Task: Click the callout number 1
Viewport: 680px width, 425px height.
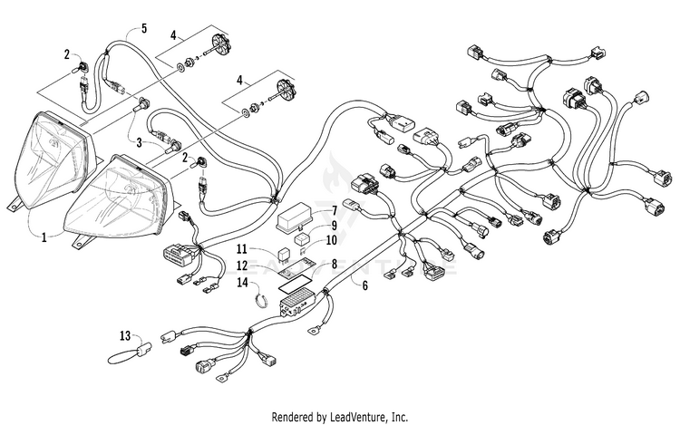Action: pos(44,237)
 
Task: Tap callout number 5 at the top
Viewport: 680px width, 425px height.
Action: pos(144,29)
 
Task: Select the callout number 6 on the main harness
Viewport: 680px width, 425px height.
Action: pos(364,285)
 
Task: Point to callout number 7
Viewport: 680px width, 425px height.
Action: pos(335,211)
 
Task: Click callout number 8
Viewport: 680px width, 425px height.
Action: pos(335,264)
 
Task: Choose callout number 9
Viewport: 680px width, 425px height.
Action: pos(335,226)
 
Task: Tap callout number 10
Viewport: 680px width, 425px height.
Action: pos(331,239)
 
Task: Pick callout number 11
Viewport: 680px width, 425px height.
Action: pos(242,249)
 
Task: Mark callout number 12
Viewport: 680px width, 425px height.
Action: pos(242,266)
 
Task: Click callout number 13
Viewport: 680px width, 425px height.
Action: pos(125,335)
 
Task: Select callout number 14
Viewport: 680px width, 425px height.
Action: pos(242,283)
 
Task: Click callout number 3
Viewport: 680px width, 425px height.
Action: pos(140,142)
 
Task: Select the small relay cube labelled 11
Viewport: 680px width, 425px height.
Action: pos(285,256)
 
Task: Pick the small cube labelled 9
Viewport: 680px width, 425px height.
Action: pos(302,238)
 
